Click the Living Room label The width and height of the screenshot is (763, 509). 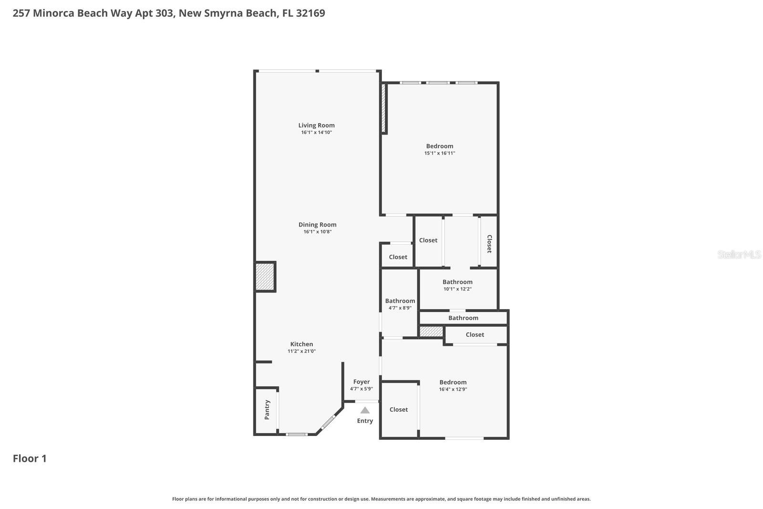(x=317, y=125)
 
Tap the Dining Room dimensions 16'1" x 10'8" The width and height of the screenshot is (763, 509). (x=317, y=232)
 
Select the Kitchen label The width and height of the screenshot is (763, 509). (x=301, y=344)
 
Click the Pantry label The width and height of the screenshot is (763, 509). (x=267, y=410)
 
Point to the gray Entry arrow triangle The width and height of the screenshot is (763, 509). (x=365, y=410)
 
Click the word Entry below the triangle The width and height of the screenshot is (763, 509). (x=365, y=421)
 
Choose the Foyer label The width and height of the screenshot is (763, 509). (x=361, y=382)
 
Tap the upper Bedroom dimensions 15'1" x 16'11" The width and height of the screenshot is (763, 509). (x=440, y=153)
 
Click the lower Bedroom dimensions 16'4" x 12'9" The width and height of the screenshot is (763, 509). (x=453, y=389)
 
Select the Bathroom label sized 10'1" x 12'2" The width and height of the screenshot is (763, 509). (x=457, y=282)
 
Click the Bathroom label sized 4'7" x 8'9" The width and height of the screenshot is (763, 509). (x=400, y=301)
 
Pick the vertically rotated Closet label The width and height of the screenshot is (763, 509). (x=489, y=244)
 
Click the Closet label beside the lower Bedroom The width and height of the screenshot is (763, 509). (x=399, y=409)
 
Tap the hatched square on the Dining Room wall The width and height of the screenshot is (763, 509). (x=265, y=277)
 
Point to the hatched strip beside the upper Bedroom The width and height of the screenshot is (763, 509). (x=383, y=108)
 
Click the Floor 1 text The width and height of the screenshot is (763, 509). (x=30, y=458)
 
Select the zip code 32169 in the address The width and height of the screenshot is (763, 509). (x=310, y=13)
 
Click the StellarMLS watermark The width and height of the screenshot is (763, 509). (x=739, y=254)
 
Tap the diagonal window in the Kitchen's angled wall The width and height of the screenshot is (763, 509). (x=329, y=422)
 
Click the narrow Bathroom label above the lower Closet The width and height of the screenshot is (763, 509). (x=463, y=318)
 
